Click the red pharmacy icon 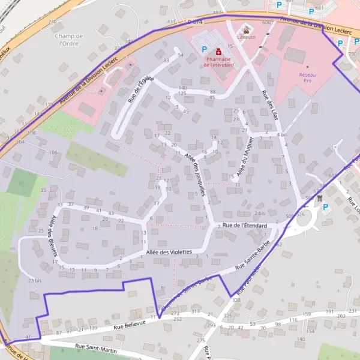(x=218, y=52)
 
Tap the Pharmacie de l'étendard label (x=218, y=62)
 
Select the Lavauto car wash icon (x=245, y=30)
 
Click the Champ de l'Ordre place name (x=72, y=40)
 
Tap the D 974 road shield (x=194, y=21)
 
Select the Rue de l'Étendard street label (x=244, y=225)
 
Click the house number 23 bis (x=35, y=280)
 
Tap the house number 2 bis (x=259, y=213)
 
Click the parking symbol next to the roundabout (x=326, y=208)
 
